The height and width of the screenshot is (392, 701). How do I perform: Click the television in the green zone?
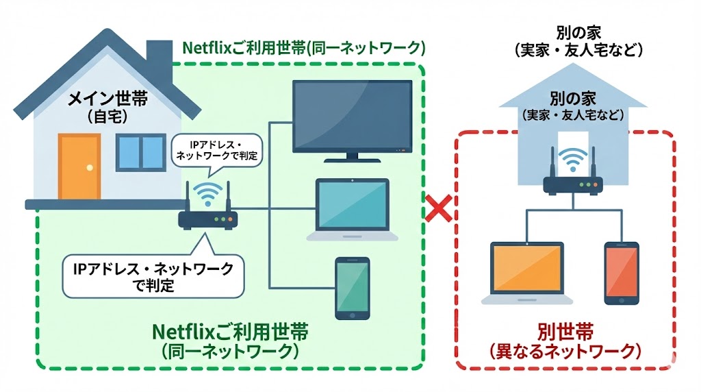pos(352,120)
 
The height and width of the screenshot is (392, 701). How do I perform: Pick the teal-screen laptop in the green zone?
pos(352,208)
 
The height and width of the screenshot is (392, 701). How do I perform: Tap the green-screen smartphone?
pos(352,288)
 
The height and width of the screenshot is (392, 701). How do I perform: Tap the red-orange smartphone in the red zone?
pos(621,272)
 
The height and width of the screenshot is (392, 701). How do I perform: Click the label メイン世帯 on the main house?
pos(107,100)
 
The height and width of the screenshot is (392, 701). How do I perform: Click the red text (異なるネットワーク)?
pos(565,352)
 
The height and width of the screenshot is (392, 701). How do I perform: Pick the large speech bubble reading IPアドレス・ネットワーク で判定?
pos(153,275)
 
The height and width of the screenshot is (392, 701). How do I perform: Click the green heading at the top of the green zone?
pos(304,49)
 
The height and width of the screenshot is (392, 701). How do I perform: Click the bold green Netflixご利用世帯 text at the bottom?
pos(230,332)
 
